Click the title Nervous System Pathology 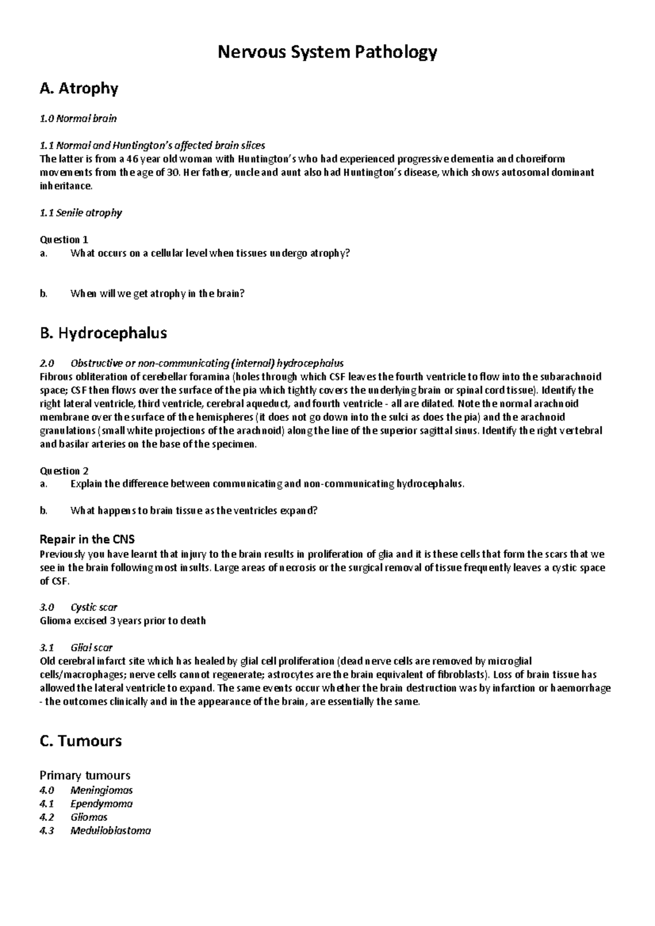point(327,52)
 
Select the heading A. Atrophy point(79,88)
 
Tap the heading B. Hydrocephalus point(104,333)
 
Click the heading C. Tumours point(81,741)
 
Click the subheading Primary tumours point(85,775)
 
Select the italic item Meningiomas point(102,790)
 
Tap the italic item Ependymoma point(102,804)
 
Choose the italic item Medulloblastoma point(110,831)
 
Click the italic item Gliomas point(89,817)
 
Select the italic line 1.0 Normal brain point(79,118)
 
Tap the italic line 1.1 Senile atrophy point(81,213)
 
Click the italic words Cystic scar point(94,607)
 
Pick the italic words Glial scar point(91,647)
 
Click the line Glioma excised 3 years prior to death point(123,621)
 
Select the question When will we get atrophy point(157,293)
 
